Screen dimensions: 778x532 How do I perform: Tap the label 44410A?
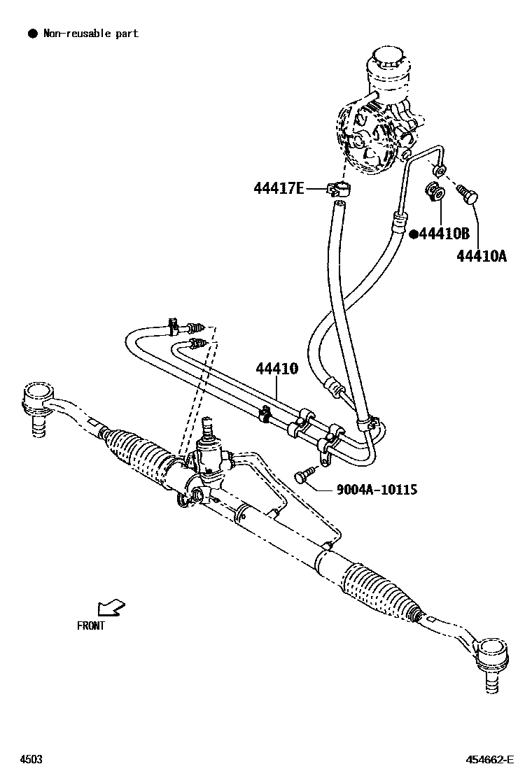(x=481, y=256)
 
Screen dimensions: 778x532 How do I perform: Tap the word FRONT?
(x=91, y=625)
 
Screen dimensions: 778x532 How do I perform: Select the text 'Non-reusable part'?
(x=91, y=33)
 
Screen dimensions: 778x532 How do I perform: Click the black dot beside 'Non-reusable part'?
(x=31, y=33)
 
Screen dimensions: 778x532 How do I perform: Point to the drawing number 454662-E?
(x=490, y=759)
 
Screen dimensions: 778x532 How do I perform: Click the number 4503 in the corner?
(x=30, y=759)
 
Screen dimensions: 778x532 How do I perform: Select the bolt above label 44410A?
(x=466, y=192)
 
